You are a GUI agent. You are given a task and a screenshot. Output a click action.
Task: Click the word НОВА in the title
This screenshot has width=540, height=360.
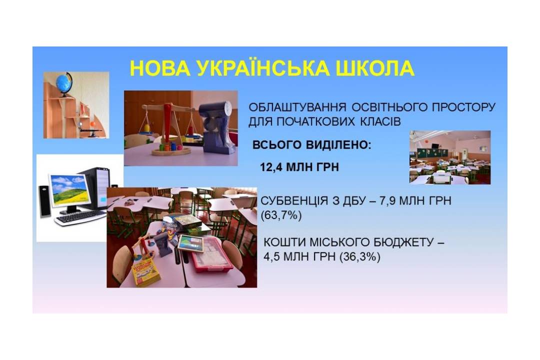(160, 68)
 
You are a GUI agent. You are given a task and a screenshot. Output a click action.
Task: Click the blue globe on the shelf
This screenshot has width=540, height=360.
(64, 83)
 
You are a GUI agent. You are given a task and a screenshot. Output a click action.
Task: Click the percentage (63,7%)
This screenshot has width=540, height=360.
(281, 215)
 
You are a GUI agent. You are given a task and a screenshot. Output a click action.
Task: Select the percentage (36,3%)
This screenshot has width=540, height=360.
(359, 257)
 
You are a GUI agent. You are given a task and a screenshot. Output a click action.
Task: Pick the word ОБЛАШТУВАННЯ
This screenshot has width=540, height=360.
(297, 107)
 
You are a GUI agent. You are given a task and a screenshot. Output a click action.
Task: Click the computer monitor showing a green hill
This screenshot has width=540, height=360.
(69, 190)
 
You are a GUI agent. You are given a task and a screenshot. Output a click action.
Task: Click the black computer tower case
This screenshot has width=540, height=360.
(97, 188)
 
